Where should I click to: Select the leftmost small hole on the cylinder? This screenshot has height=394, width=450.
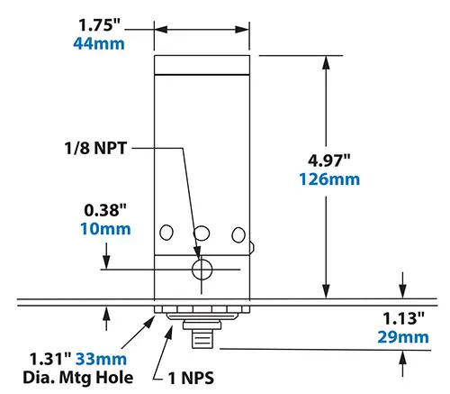(166, 233)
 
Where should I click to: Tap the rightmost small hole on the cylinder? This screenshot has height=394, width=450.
(238, 234)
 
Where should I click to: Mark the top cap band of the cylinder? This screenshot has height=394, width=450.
(202, 64)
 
